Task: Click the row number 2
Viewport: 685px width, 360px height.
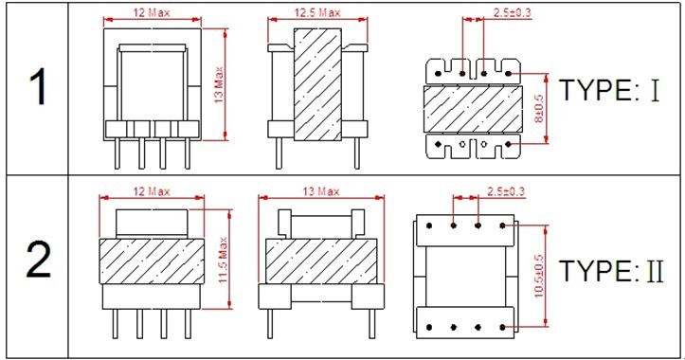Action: tap(39, 260)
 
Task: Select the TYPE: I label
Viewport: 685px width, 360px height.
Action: tap(609, 90)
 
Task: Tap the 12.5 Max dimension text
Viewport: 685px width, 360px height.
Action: tap(317, 12)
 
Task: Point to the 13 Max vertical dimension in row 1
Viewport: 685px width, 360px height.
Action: tap(219, 84)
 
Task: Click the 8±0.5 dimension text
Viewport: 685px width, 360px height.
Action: tap(539, 108)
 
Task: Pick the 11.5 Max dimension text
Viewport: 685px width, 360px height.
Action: tap(224, 260)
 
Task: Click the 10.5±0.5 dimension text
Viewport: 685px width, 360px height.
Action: tap(539, 276)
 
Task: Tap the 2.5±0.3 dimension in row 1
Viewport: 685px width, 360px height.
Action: tap(512, 12)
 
